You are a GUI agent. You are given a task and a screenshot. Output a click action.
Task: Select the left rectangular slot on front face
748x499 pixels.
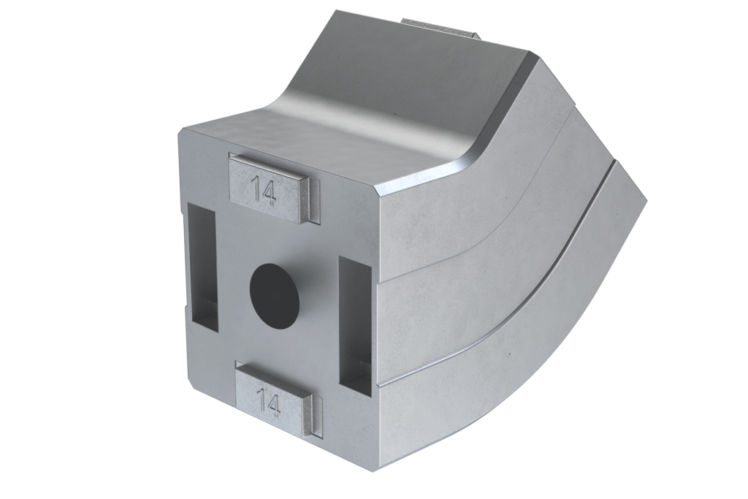click(x=202, y=267)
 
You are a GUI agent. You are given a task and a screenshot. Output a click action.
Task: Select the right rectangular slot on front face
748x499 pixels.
click(x=355, y=325)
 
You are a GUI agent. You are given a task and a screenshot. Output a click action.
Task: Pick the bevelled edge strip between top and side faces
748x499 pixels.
click(x=504, y=117)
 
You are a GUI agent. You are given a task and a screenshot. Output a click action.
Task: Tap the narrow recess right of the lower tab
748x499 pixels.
click(x=316, y=416)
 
